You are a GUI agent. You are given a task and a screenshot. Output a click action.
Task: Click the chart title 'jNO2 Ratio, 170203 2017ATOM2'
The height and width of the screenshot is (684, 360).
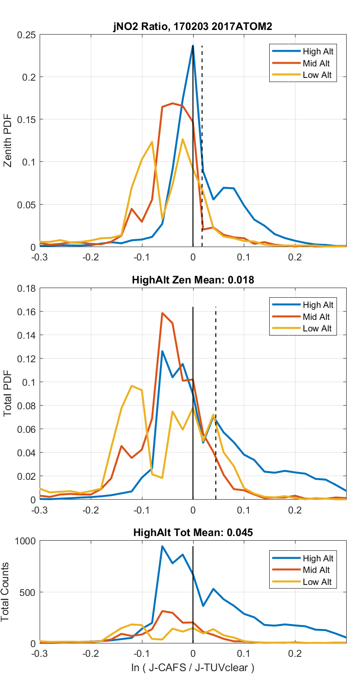193,27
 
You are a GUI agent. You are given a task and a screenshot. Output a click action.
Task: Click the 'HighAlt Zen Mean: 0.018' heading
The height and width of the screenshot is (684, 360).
193,280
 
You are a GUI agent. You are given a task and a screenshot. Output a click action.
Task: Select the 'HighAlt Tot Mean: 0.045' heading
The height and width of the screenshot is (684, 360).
193,532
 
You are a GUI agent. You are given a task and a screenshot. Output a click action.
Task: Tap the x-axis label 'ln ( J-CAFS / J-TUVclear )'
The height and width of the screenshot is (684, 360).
193,667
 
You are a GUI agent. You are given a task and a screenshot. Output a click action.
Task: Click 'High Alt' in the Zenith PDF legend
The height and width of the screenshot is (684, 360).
318,51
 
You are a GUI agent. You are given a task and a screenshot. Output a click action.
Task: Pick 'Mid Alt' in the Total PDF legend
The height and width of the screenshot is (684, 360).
316,317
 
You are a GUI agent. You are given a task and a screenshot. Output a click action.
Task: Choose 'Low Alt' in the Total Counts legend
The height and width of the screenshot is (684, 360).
317,582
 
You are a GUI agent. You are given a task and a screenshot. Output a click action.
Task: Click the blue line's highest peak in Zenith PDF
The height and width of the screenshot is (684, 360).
193,46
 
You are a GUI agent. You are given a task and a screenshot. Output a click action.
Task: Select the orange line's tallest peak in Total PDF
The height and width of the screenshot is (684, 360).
162,313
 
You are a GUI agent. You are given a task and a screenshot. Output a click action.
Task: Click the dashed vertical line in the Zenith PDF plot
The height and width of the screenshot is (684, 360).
202,138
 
